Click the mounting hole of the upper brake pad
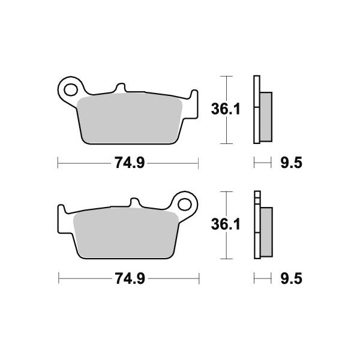71,90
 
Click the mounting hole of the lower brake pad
185,205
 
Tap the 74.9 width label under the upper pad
130,163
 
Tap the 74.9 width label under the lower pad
130,278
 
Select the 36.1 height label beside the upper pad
226,109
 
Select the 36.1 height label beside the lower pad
226,224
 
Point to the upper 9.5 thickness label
291,163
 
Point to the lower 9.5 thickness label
291,278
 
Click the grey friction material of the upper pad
130,118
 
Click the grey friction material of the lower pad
126,233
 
